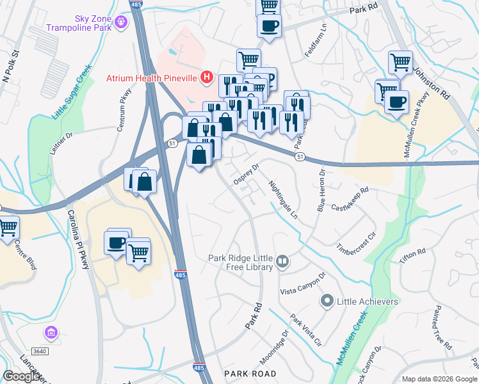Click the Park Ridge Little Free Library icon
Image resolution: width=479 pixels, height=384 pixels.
tap(282, 262)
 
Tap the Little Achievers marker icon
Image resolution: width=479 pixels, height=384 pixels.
tap(327, 301)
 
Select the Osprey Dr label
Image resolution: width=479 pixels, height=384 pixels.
tap(245, 173)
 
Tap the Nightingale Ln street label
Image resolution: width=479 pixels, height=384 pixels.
tap(283, 200)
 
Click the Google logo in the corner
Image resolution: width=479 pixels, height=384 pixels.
tap(22, 376)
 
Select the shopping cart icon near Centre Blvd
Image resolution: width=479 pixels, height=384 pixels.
tap(8, 226)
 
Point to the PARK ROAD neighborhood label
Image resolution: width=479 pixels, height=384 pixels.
tap(250, 373)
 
